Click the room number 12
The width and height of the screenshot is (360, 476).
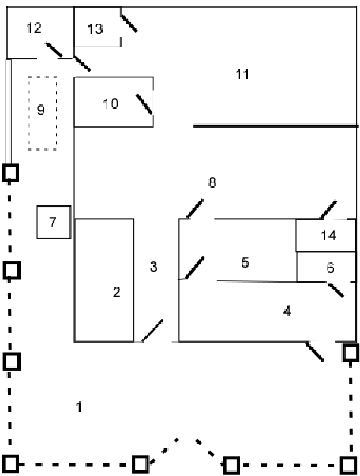click(34, 28)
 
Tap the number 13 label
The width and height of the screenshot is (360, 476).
click(95, 29)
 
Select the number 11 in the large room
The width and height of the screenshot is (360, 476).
click(242, 74)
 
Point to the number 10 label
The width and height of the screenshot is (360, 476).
click(111, 104)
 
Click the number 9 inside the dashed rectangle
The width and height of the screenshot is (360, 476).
click(41, 110)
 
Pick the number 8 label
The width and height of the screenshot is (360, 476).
click(212, 183)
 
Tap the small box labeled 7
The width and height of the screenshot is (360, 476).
click(54, 223)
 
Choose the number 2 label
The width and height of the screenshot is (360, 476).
click(117, 292)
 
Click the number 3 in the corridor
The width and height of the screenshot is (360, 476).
click(154, 267)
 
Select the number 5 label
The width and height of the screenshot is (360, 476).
click(246, 263)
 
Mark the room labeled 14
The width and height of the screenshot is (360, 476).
click(326, 235)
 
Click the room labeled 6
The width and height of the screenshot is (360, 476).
click(326, 267)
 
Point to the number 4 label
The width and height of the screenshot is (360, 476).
click(287, 311)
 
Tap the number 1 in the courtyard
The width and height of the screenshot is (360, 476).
click(79, 407)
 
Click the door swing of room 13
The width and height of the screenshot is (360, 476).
click(129, 24)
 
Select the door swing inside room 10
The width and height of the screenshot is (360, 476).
click(144, 104)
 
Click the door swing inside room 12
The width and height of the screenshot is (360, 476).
click(54, 50)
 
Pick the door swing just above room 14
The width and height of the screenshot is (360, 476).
click(328, 209)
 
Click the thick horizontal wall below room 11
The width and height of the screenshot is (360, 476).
click(276, 126)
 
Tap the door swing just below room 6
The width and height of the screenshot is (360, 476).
click(336, 290)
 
